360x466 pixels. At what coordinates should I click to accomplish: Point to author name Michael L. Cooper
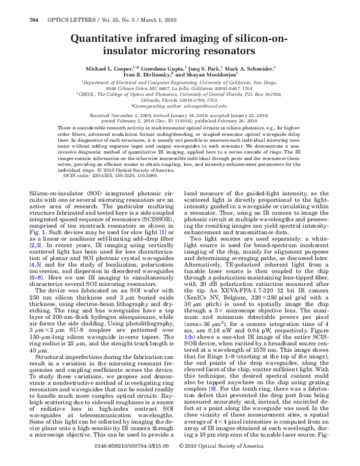pos(106,69)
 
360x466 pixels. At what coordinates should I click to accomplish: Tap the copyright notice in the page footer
pos(227,459)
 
